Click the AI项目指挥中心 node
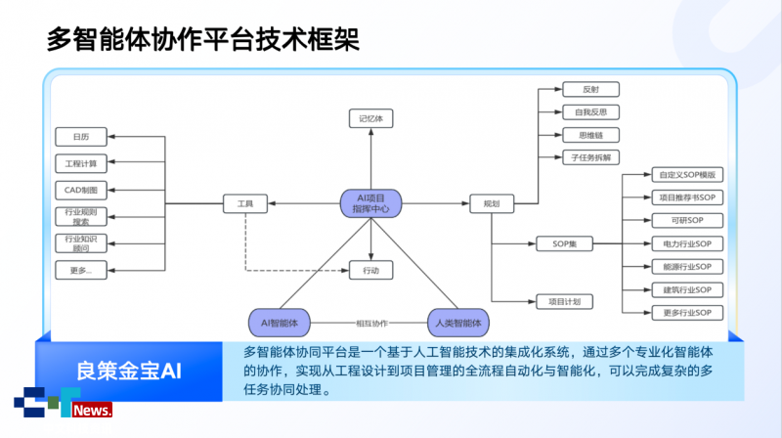pyautogui.click(x=371, y=203)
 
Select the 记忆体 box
pyautogui.click(x=371, y=118)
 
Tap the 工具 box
pyautogui.click(x=245, y=203)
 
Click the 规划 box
pyautogui.click(x=492, y=203)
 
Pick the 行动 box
pyautogui.click(x=371, y=269)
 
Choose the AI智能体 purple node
pyautogui.click(x=280, y=322)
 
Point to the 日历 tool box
pyautogui.click(x=80, y=136)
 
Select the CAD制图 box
pyautogui.click(x=80, y=190)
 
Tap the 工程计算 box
pyautogui.click(x=80, y=162)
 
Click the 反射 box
pyautogui.click(x=591, y=89)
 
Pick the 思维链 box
pyautogui.click(x=591, y=134)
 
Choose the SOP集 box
pyautogui.click(x=565, y=243)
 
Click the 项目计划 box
pyautogui.click(x=565, y=302)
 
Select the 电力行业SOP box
pyautogui.click(x=687, y=243)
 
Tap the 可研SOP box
pyautogui.click(x=687, y=220)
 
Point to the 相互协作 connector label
pyautogui.click(x=370, y=323)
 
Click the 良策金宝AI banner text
pyautogui.click(x=130, y=371)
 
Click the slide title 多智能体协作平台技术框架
pyautogui.click(x=203, y=39)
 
